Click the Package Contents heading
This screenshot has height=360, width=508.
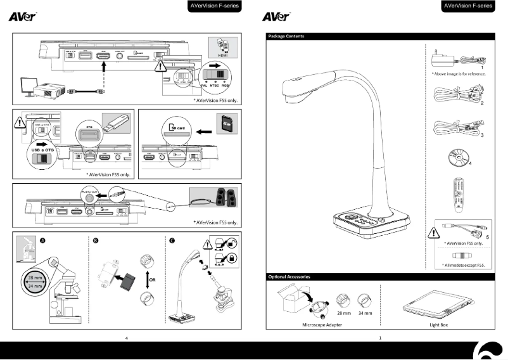[x=286, y=36]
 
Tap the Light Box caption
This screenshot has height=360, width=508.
[x=439, y=323]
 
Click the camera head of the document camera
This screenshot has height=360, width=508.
[x=297, y=87]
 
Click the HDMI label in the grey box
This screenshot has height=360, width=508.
[x=224, y=55]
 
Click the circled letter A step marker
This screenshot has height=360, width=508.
[x=42, y=240]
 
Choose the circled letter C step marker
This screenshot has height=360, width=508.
[x=171, y=240]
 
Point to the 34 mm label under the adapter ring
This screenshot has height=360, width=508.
[x=365, y=313]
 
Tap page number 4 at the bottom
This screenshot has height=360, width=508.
[x=126, y=338]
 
